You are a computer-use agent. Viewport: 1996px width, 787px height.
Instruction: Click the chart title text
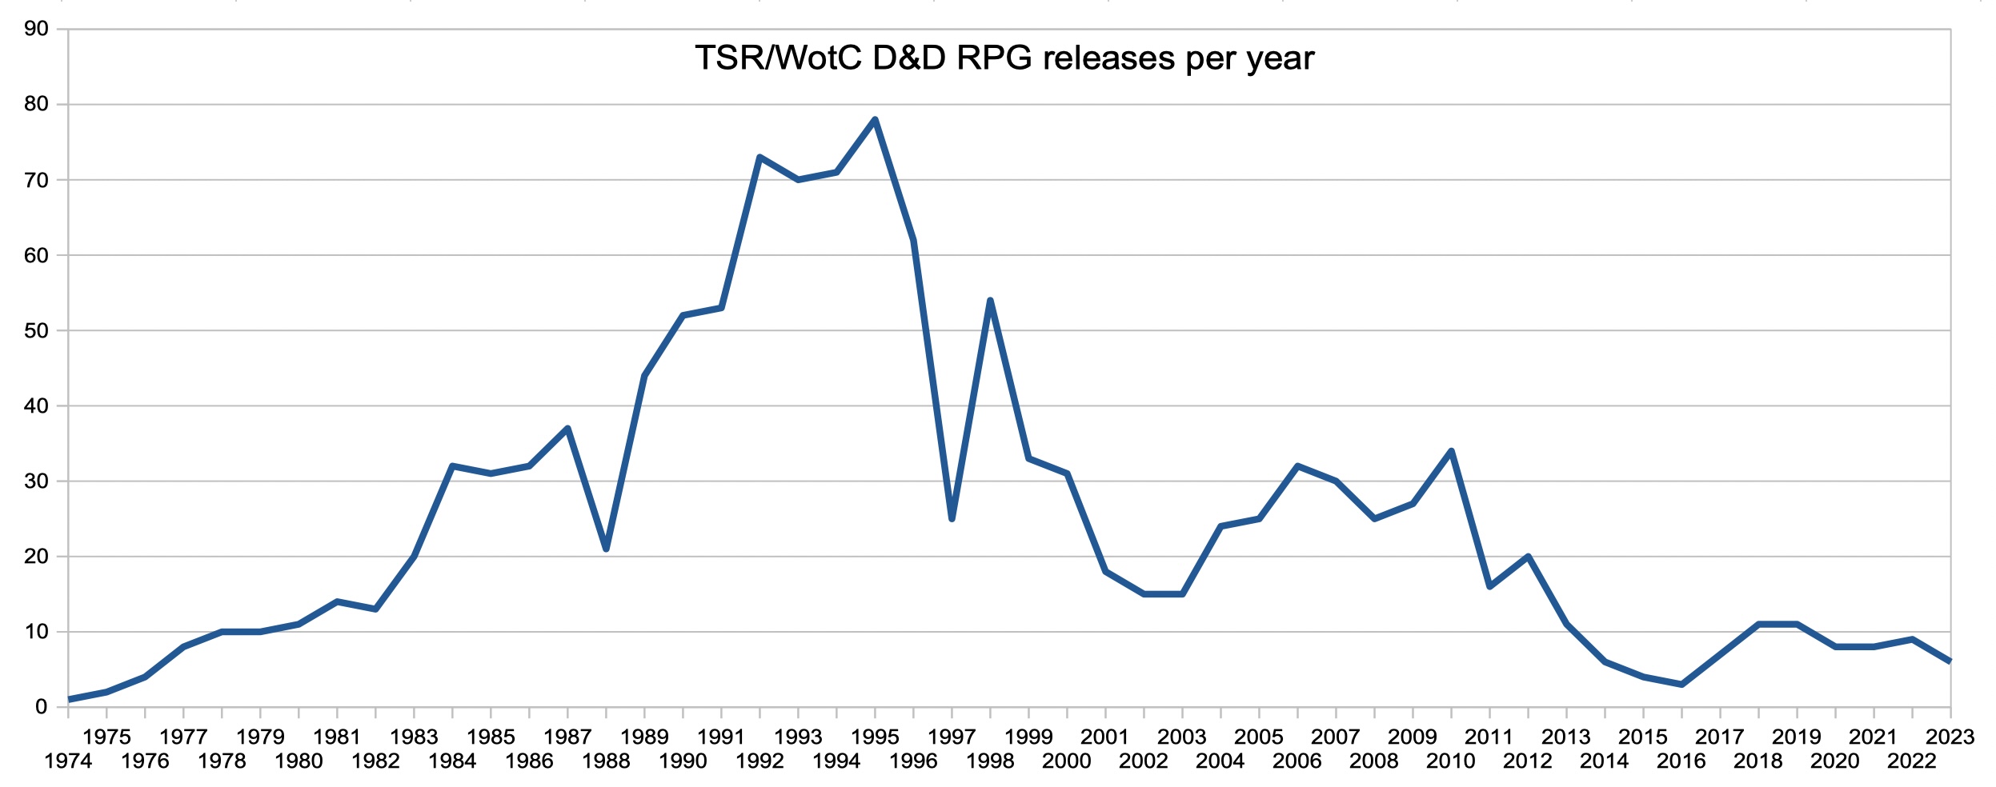pos(1004,58)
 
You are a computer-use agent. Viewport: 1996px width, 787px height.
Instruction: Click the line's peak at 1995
pos(875,120)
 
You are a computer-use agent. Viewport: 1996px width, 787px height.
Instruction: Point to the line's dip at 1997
pos(952,518)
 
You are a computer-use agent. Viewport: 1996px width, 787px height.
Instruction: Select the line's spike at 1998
pos(990,301)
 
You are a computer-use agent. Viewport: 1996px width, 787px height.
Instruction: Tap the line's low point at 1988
pos(606,549)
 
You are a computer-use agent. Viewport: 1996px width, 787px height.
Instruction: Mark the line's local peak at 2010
pos(1451,451)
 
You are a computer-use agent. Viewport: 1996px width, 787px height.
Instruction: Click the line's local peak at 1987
pos(567,428)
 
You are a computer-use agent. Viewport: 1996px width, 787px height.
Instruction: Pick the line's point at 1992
pos(760,158)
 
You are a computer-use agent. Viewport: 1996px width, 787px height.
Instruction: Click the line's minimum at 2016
pos(1681,684)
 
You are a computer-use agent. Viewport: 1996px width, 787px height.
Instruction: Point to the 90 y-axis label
pos(36,29)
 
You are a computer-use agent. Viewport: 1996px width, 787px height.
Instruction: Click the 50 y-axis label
pos(36,330)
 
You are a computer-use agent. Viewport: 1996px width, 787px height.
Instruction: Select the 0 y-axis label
pos(41,707)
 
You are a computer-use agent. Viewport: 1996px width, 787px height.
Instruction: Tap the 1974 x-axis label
pos(68,761)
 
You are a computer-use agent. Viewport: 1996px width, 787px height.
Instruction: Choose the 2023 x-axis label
pos(1950,737)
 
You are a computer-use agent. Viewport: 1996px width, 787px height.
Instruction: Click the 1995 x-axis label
pos(875,737)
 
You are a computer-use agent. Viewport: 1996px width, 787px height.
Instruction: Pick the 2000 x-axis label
pos(1066,761)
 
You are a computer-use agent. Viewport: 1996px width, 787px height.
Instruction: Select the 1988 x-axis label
pos(606,761)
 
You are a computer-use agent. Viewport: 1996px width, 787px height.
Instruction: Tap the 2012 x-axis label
pos(1527,761)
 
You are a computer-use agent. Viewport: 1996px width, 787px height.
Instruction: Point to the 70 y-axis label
pos(36,180)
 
